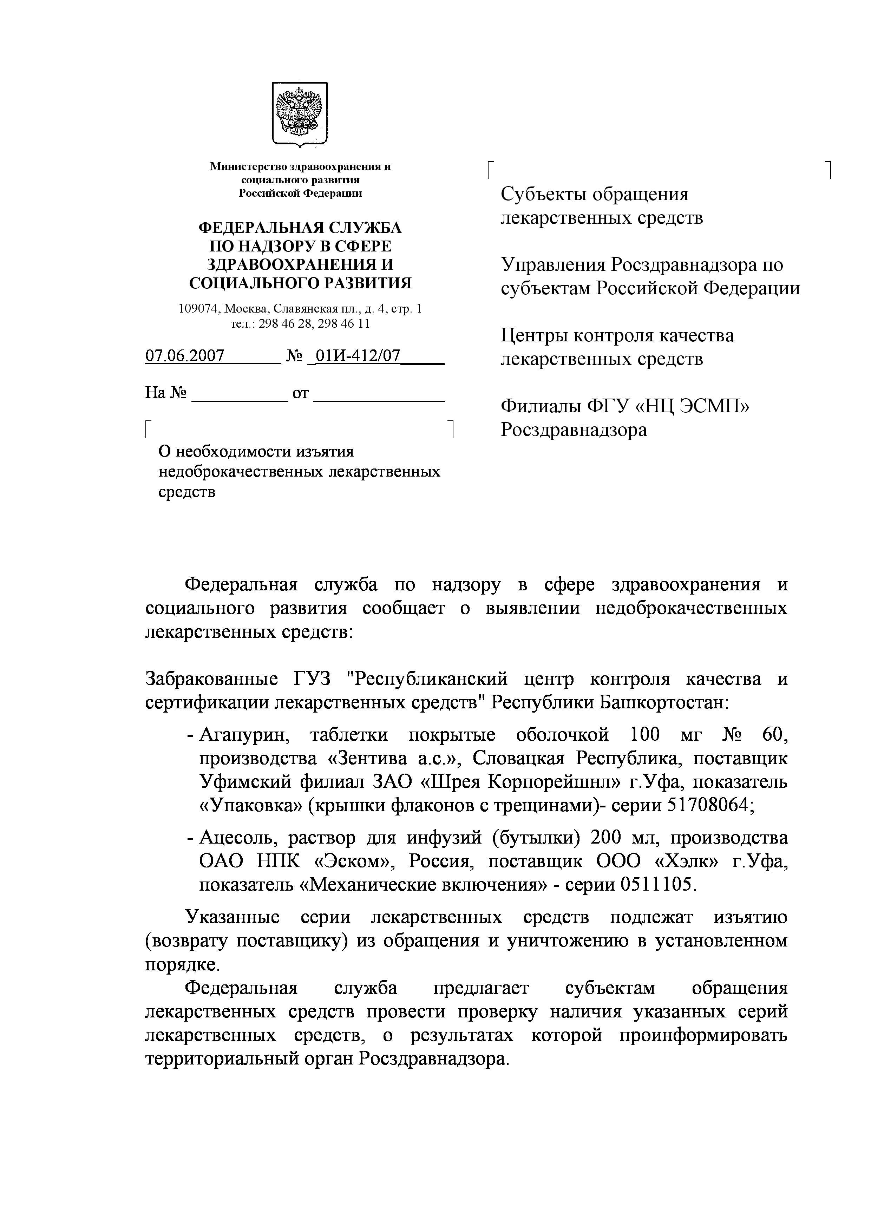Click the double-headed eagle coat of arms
(x=299, y=113)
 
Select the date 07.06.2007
(x=185, y=356)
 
